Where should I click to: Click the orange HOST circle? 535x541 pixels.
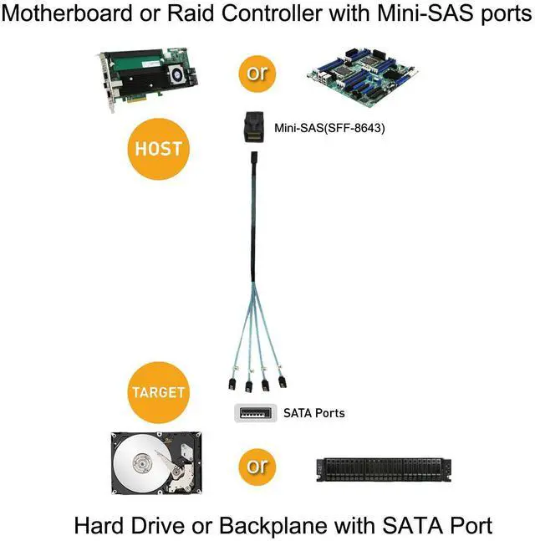coord(159,149)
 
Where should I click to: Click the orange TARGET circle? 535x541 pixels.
coord(158,392)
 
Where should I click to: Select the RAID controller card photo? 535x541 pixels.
coord(145,80)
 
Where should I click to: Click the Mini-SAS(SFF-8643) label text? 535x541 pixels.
coord(329,129)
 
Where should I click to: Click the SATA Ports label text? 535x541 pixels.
coord(313,413)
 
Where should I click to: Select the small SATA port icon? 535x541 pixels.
coord(254,412)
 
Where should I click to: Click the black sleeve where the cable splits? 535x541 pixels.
coord(255,276)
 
